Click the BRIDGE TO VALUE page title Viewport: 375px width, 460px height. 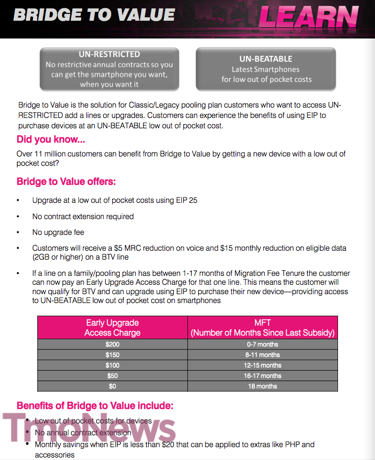(94, 15)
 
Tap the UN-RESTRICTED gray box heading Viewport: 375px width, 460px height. (109, 54)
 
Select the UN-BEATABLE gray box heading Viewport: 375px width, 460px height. (266, 59)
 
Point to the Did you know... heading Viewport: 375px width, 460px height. (50, 139)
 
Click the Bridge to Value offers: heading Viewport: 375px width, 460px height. (66, 182)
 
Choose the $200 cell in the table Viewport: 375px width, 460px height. (112, 345)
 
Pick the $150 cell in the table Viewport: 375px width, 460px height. (112, 355)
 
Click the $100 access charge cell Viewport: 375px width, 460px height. (112, 365)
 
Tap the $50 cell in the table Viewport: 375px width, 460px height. (112, 376)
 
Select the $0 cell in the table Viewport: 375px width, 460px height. (112, 386)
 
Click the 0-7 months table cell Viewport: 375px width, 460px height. (262, 345)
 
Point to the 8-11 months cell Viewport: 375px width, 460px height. (262, 355)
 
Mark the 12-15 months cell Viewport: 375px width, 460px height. (262, 365)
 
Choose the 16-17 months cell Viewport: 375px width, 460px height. (262, 376)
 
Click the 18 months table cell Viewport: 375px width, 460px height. (262, 386)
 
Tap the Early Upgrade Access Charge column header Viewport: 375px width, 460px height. (112, 328)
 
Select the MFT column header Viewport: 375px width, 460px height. (262, 328)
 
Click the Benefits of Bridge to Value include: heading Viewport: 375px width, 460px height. (95, 406)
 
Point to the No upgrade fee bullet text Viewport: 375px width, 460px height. (58, 232)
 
